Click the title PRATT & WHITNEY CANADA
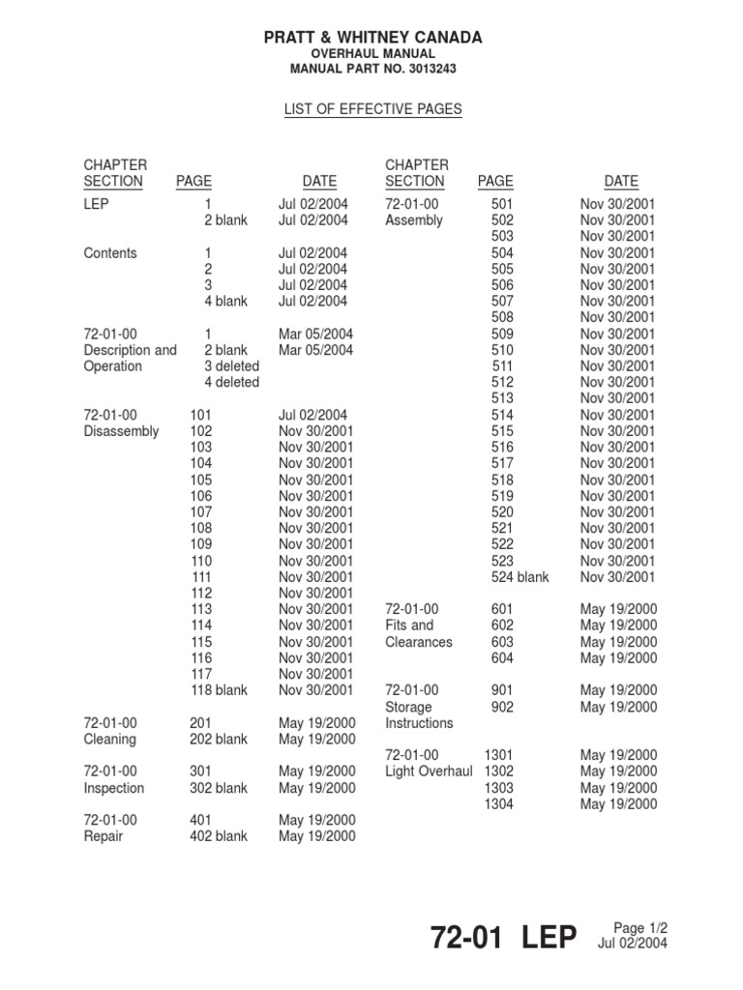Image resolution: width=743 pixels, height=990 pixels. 372,38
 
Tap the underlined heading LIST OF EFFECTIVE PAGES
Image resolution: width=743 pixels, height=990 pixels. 372,110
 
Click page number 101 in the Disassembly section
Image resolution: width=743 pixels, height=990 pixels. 201,415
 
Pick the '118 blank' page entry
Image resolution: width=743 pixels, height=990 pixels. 219,690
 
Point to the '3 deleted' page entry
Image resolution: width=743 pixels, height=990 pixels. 231,366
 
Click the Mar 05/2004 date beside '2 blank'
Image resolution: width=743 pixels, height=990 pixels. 316,350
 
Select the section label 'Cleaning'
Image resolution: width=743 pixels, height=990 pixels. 109,740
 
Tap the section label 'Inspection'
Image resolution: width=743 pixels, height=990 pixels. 113,788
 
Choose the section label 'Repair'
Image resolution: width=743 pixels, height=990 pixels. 104,836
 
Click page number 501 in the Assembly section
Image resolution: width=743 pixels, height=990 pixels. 502,204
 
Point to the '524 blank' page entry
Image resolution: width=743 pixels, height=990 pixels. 520,577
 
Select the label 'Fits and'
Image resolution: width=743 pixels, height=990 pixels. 409,626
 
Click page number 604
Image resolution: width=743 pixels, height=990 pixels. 502,658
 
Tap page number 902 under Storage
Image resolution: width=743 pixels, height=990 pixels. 502,707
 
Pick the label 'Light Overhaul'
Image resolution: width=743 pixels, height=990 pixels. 429,772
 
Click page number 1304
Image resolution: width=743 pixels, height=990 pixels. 498,804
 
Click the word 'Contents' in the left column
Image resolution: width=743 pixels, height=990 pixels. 110,253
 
